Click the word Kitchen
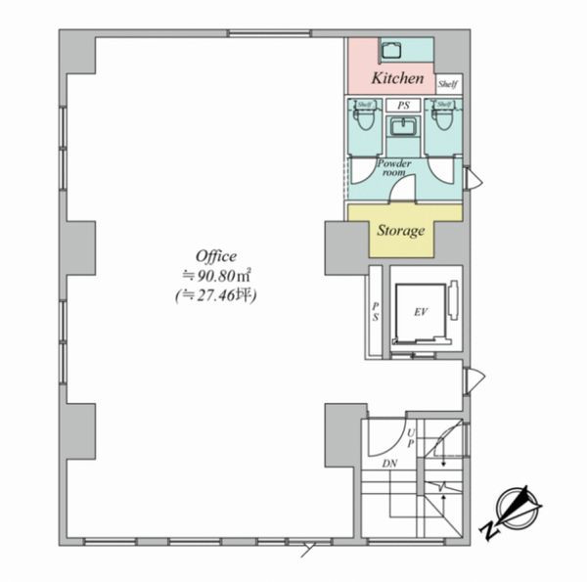397,78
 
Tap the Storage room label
400,231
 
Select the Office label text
216,256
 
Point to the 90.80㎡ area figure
216,276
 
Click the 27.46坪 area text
216,295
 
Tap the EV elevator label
421,312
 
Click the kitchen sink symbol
391,50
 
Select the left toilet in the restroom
364,119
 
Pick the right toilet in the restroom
443,119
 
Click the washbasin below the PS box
403,126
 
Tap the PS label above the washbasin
403,106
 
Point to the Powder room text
394,168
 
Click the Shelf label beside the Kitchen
448,84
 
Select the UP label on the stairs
411,438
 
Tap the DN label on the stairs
389,464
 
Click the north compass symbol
519,506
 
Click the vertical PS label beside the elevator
376,311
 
